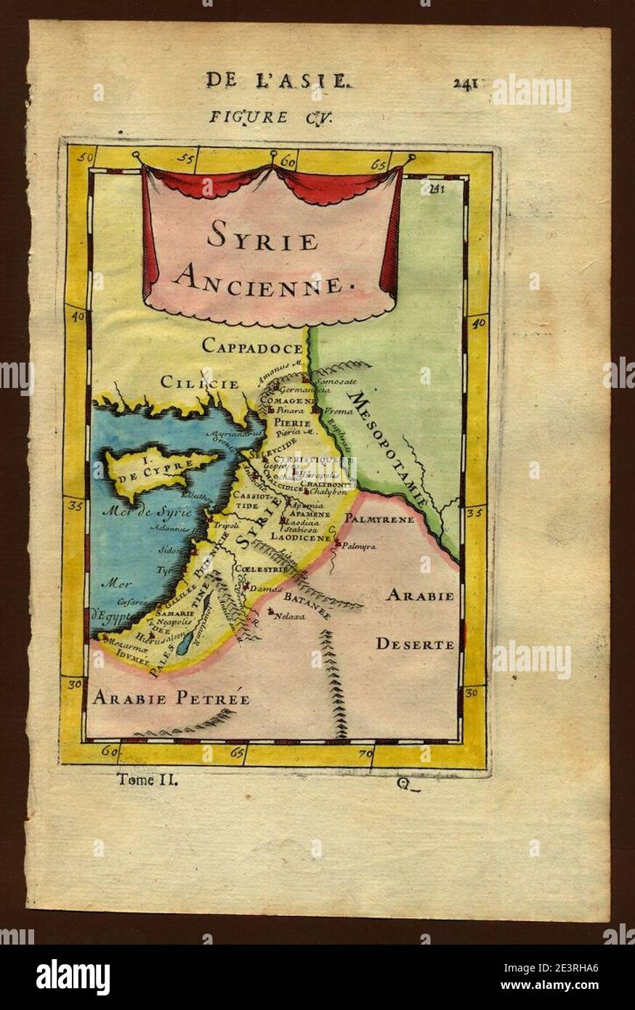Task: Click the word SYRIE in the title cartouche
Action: [262, 237]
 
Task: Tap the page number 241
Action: [465, 82]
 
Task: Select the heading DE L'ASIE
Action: [278, 80]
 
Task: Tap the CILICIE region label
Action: [199, 382]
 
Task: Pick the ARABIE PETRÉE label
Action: [171, 699]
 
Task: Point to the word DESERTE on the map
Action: [415, 644]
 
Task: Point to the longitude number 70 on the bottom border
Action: [365, 755]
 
